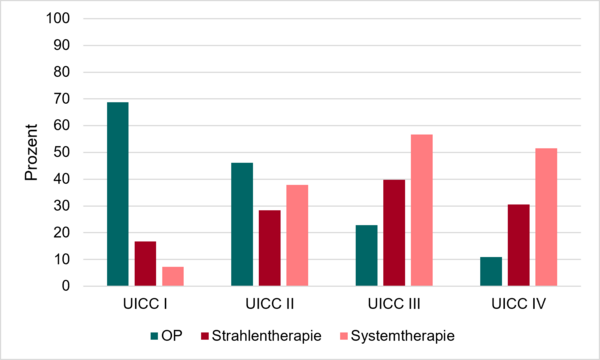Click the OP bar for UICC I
coord(118,194)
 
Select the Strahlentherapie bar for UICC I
coord(145,264)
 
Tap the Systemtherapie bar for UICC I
coord(173,276)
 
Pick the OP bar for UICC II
coord(242,224)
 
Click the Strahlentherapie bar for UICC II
coord(270,248)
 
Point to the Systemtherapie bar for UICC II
coord(297,235)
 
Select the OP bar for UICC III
coord(367,256)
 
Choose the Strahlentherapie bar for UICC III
coord(394,233)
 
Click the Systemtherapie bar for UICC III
coord(422,210)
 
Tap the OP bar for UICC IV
coord(491,271)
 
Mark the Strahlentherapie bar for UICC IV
coord(519,245)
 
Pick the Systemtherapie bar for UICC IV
coord(546,217)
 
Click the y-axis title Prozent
coord(31,152)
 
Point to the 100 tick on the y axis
coord(58,18)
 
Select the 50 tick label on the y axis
coord(62,152)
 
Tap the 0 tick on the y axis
coord(66,286)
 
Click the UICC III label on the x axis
coord(394,304)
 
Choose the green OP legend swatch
coord(154,336)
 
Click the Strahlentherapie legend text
coord(267,336)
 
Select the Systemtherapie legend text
coord(403,336)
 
